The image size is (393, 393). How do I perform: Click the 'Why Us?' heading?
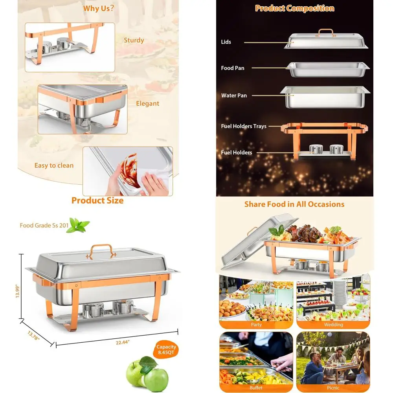[x=98, y=8]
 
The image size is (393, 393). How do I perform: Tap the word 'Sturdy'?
[x=134, y=40]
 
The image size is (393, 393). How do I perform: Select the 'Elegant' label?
[x=147, y=104]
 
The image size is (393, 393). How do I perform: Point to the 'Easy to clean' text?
[x=54, y=165]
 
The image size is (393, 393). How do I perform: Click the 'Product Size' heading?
[x=97, y=200]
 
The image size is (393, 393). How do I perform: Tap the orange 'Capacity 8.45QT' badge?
[x=167, y=350]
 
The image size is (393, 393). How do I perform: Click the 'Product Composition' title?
[x=295, y=8]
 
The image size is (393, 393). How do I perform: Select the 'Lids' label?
[x=226, y=42]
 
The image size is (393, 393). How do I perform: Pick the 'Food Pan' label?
[x=233, y=68]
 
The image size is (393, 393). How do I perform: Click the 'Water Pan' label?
[x=234, y=95]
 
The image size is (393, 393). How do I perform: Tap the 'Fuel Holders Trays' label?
[x=244, y=126]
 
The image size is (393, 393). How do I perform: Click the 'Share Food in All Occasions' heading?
[x=294, y=204]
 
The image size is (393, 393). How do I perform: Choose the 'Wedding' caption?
[x=333, y=325]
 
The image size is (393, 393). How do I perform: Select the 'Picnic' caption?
[x=333, y=388]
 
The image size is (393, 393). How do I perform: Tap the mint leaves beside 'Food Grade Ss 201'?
[x=78, y=225]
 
